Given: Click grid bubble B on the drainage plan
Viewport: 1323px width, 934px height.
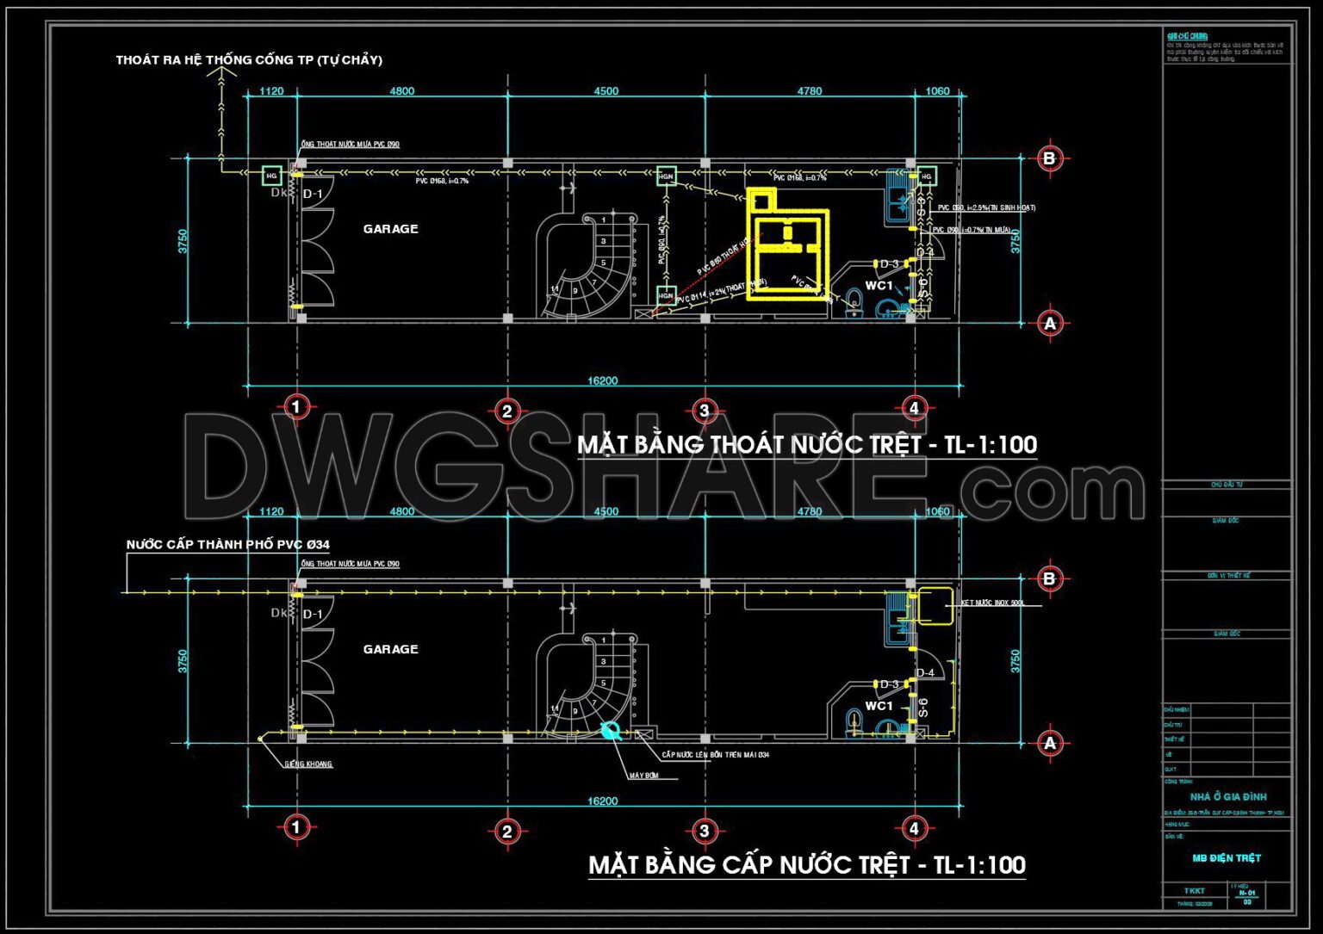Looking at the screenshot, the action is click(1049, 158).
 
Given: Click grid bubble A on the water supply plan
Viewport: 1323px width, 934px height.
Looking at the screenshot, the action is click(1049, 743).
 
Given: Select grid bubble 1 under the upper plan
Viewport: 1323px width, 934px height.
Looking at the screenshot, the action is click(296, 407).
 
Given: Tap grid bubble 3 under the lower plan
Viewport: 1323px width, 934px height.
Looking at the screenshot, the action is click(705, 831).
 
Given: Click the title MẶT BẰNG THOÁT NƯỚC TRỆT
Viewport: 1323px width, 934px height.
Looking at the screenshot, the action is click(806, 445).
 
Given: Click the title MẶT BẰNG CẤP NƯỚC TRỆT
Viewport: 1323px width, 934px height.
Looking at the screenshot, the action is click(806, 865).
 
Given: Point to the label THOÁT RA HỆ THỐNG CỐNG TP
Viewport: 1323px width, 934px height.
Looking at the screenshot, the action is click(249, 60).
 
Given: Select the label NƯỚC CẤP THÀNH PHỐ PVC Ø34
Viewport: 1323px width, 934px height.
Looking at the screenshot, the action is click(228, 545).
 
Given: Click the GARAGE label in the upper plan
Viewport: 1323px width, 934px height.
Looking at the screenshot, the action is click(390, 229).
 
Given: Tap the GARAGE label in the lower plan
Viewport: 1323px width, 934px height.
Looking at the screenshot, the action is click(390, 649).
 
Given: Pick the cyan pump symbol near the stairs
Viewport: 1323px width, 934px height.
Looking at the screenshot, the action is click(612, 731).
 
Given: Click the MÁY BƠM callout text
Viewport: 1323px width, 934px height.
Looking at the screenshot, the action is click(644, 776).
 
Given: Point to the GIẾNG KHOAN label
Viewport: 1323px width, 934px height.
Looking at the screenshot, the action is click(308, 764).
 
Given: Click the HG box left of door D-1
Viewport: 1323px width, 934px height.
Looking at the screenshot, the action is click(272, 176).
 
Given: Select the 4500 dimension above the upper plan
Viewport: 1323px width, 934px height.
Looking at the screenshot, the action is click(606, 91).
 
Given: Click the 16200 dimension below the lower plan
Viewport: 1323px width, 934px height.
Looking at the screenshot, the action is click(603, 801).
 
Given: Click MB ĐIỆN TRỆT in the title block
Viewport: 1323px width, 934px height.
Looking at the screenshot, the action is click(1227, 858).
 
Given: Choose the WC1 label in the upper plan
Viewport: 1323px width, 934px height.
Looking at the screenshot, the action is click(879, 286).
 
